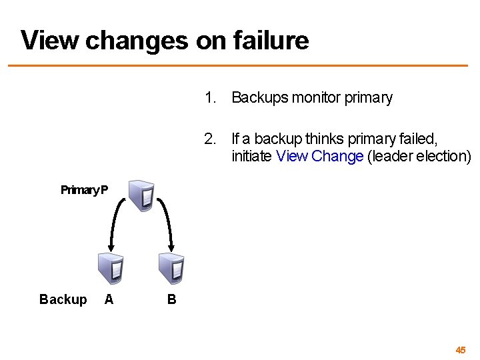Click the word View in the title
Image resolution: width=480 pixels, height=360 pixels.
(50, 40)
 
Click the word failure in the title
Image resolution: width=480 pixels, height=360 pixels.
(271, 40)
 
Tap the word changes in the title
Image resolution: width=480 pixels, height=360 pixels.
(137, 40)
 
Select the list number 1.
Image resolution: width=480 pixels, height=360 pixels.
(211, 98)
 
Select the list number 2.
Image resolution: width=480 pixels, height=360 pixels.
(211, 139)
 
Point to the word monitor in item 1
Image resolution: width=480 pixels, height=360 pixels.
(315, 98)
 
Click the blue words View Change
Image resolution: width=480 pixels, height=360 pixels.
(319, 156)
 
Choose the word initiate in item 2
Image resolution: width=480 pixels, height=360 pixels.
(252, 156)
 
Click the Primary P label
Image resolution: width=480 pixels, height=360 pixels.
(84, 190)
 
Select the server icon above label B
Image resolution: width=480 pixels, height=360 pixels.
(171, 269)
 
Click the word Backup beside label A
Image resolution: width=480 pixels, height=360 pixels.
(63, 299)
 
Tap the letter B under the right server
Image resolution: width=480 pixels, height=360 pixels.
(171, 299)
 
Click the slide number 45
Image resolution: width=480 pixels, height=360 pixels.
(461, 349)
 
